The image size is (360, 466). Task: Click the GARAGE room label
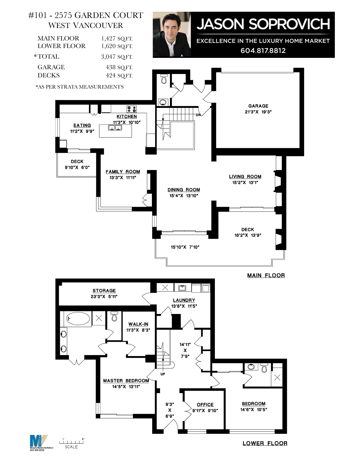tap(258, 106)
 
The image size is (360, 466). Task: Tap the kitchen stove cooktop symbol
tap(132, 109)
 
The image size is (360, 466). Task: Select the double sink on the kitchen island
tap(115, 128)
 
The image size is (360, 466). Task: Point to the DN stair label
tap(198, 115)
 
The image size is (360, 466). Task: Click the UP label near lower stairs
tap(163, 374)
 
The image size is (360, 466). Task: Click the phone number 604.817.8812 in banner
tap(263, 51)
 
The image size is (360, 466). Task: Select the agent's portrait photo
tap(172, 34)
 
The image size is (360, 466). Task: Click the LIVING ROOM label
tap(245, 177)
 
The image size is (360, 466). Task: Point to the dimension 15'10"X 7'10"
tap(185, 247)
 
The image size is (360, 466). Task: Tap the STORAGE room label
tap(104, 291)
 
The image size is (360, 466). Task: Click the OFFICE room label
tap(205, 404)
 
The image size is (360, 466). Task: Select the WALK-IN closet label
tap(138, 324)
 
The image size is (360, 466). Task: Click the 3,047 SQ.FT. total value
tap(117, 57)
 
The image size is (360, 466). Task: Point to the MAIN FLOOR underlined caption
tap(266, 275)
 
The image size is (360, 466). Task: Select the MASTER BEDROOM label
tap(126, 381)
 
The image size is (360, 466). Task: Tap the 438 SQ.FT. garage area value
tap(119, 67)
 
